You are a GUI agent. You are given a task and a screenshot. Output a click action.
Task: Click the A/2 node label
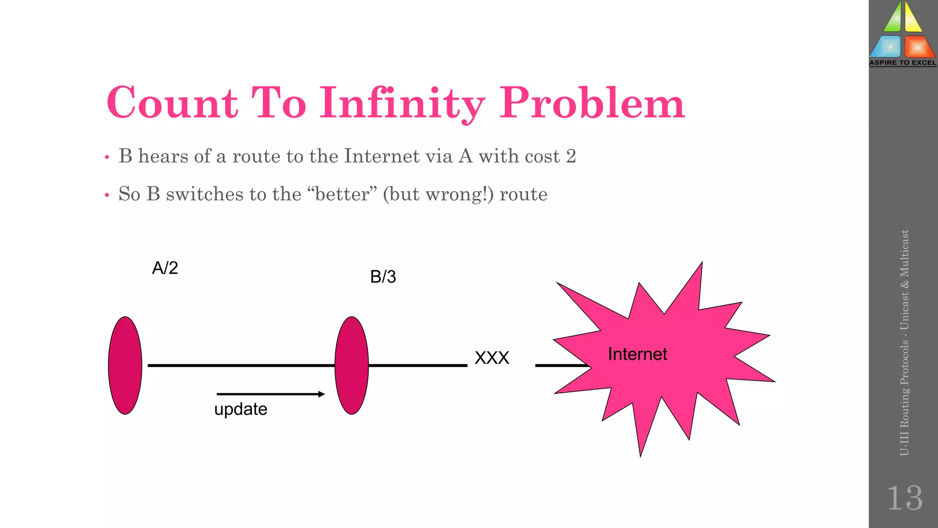coord(165,268)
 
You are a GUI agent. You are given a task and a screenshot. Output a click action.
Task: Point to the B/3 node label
coord(383,277)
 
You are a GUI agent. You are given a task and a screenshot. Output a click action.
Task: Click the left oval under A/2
coord(125,365)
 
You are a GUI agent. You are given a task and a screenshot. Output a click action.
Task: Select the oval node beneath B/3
coord(352,365)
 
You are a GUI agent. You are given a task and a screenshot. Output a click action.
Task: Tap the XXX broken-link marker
coord(492,358)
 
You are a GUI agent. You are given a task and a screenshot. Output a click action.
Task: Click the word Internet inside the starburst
coord(637,354)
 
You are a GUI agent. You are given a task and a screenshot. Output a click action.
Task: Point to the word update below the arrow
coord(241,409)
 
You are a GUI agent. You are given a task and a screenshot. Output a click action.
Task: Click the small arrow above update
coord(270,394)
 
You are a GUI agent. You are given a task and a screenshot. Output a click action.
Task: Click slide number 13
coord(905,498)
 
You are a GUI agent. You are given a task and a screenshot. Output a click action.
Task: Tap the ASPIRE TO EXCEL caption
coord(903,63)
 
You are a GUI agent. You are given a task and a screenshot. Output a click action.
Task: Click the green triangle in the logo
coord(893,18)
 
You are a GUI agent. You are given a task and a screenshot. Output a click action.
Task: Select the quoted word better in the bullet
coord(342,194)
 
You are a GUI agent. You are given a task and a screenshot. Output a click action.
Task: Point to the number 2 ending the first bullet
coord(571,156)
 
